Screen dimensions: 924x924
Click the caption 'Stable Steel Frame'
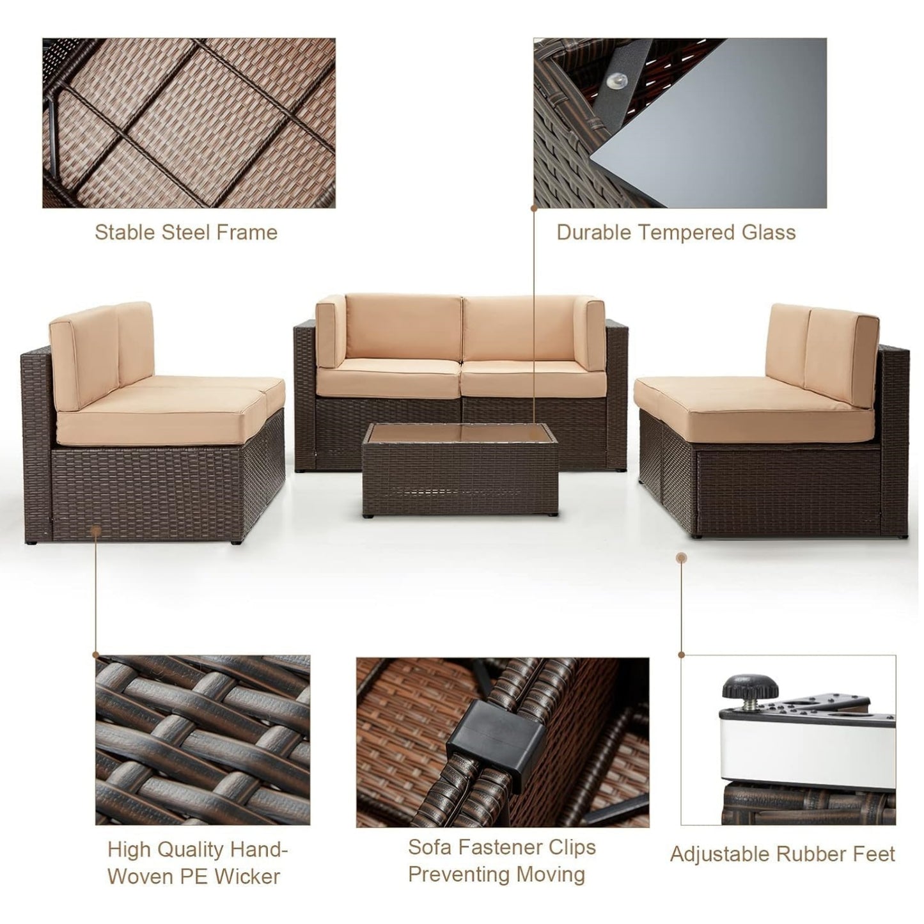(186, 232)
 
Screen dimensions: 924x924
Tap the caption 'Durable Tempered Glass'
(676, 232)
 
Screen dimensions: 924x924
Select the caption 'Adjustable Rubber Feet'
(782, 854)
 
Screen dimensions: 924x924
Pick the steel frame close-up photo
(189, 123)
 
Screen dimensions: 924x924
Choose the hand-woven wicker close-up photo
(203, 740)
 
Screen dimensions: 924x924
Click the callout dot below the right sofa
(682, 558)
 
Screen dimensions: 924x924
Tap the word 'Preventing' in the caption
(497, 874)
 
